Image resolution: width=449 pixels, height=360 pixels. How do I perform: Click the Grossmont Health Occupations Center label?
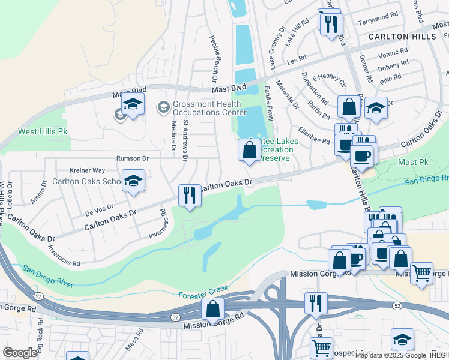206,108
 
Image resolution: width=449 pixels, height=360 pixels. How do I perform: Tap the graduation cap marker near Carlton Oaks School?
133,181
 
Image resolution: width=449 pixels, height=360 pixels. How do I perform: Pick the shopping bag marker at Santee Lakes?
249,150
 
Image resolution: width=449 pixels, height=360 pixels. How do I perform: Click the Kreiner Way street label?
87,170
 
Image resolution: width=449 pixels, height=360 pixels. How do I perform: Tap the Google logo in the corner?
20,353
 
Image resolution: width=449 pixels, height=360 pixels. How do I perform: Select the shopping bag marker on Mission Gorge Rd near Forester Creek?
212,309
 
